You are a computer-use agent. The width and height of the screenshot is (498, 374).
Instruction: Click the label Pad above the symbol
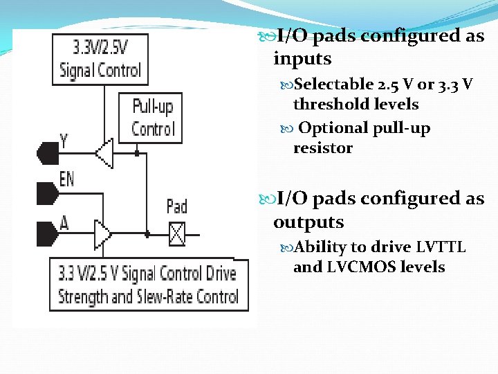coord(177,206)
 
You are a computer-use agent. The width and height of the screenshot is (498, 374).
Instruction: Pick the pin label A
coord(64,223)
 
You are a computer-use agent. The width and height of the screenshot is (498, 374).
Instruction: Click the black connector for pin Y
coord(47,152)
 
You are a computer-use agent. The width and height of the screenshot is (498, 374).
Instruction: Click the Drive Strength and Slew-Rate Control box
coord(147,285)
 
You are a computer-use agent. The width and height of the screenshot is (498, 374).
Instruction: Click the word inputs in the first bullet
coord(302,60)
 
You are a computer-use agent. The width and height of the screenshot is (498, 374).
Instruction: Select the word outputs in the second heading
coord(308,222)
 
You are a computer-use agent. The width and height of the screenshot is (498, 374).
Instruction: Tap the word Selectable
coord(333,85)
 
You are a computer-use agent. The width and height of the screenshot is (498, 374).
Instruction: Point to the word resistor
coord(323,148)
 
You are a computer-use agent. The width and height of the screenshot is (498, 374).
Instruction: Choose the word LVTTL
coord(441,247)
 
